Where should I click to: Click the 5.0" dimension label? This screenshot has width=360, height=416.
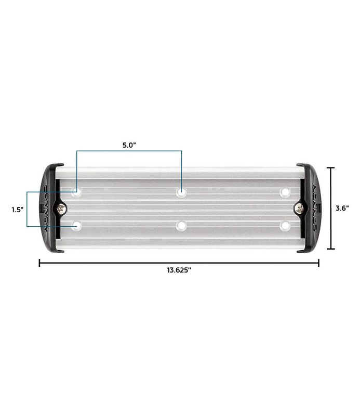point(129,145)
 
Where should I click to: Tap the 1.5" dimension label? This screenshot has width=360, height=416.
point(18,210)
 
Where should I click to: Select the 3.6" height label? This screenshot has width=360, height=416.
point(342,208)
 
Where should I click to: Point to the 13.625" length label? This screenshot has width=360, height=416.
point(179,270)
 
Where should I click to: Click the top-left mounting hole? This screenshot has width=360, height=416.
point(77,193)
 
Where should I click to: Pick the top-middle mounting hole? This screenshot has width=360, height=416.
point(181,193)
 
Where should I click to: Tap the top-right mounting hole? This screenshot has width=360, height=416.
point(285,193)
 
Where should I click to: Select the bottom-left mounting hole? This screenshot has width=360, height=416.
point(77,226)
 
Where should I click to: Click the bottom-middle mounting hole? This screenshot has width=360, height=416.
point(181,226)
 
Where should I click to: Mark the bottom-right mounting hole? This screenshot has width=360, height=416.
point(285,226)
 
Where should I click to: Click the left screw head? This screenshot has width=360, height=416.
point(62,209)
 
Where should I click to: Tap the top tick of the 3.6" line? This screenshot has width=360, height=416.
point(332,168)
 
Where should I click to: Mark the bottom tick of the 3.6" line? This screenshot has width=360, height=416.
point(332,249)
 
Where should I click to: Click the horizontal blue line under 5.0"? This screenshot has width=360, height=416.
point(129,151)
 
